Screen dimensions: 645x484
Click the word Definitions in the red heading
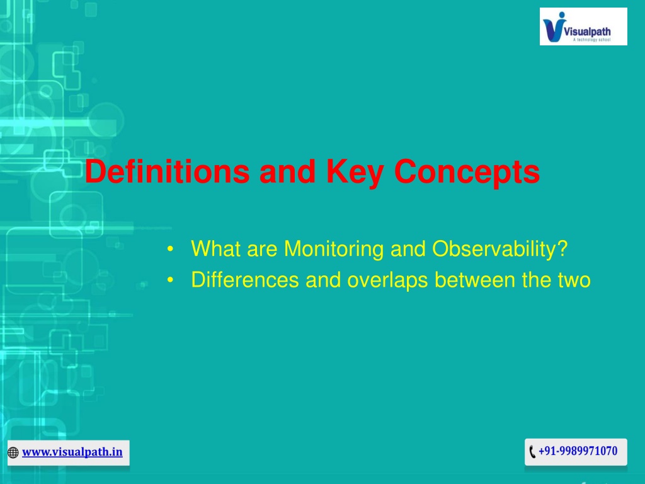coord(167,171)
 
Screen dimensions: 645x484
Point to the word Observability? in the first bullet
coord(499,249)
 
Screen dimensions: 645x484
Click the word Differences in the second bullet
coord(245,280)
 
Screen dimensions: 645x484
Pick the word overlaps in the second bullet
coord(387,280)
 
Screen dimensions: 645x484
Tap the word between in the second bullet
coord(475,280)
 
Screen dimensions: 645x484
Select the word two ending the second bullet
coord(574,280)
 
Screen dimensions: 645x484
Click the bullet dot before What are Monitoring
coord(170,250)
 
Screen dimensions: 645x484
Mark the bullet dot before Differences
coord(170,280)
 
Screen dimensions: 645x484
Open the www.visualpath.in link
coord(72,452)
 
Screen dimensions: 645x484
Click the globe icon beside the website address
coord(13,452)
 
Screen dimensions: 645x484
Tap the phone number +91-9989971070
coord(578,451)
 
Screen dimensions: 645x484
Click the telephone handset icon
coord(532,451)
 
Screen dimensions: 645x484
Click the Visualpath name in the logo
coord(587,32)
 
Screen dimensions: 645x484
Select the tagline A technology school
coord(592,40)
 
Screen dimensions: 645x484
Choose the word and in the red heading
coord(287,171)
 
